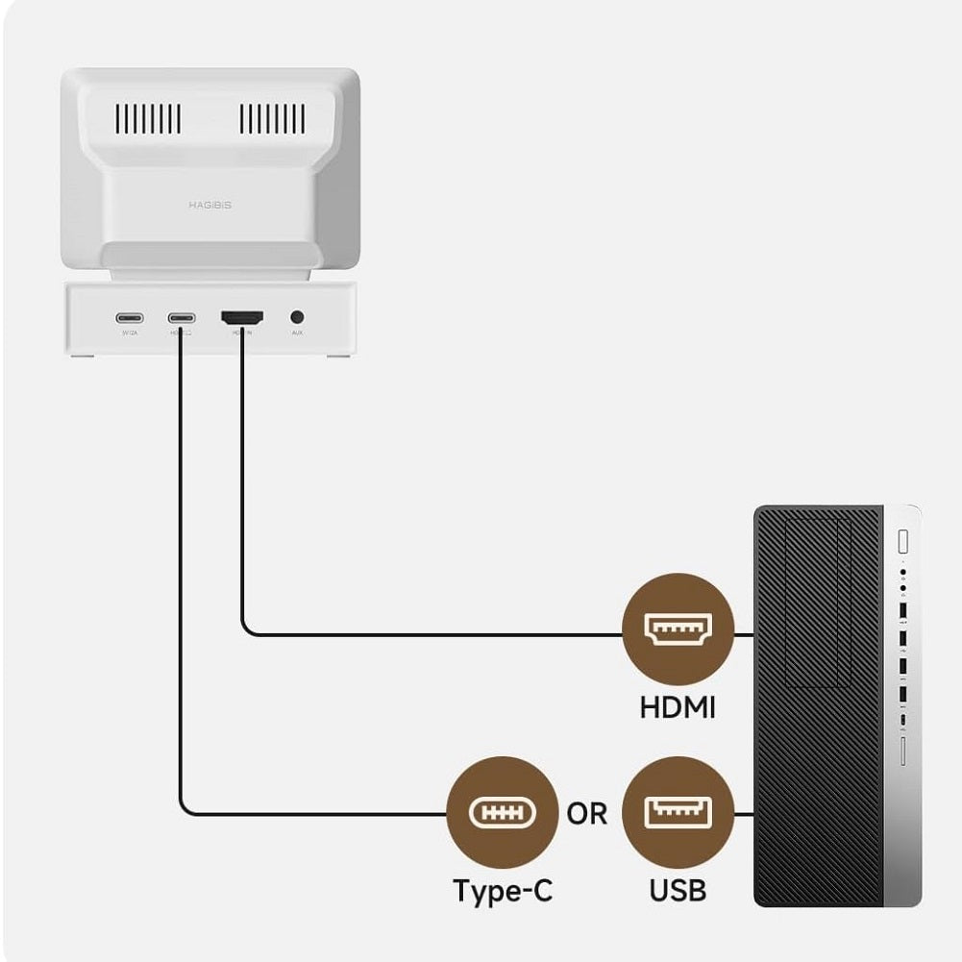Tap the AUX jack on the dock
tap(297, 316)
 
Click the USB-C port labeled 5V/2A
tap(129, 317)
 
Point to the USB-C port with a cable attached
tap(180, 317)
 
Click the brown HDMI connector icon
tap(678, 629)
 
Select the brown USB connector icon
tap(678, 812)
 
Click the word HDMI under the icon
tap(678, 708)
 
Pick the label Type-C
tap(503, 891)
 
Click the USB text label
tap(678, 891)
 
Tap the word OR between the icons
tap(587, 814)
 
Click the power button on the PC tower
tap(902, 541)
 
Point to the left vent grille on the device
tap(148, 119)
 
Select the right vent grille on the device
tap(272, 119)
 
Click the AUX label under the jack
tap(297, 333)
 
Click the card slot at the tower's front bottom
tap(903, 751)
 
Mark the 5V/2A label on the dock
tap(129, 333)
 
